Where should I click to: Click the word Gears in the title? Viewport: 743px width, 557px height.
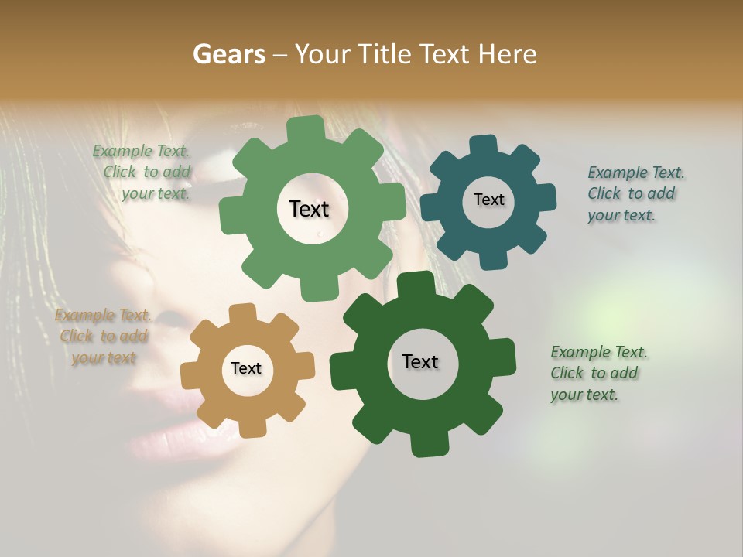(228, 54)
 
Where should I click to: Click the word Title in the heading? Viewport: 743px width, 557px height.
(386, 54)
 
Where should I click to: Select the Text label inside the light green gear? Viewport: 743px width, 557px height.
(309, 209)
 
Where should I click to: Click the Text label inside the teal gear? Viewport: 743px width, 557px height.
(488, 200)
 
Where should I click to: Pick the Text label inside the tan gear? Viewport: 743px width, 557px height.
(246, 368)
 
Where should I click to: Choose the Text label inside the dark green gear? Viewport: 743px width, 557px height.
(420, 361)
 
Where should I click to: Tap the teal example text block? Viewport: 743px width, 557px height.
(635, 193)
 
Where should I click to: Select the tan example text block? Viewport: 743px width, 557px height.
(104, 337)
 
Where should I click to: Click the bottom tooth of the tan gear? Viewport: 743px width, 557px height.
(250, 427)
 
